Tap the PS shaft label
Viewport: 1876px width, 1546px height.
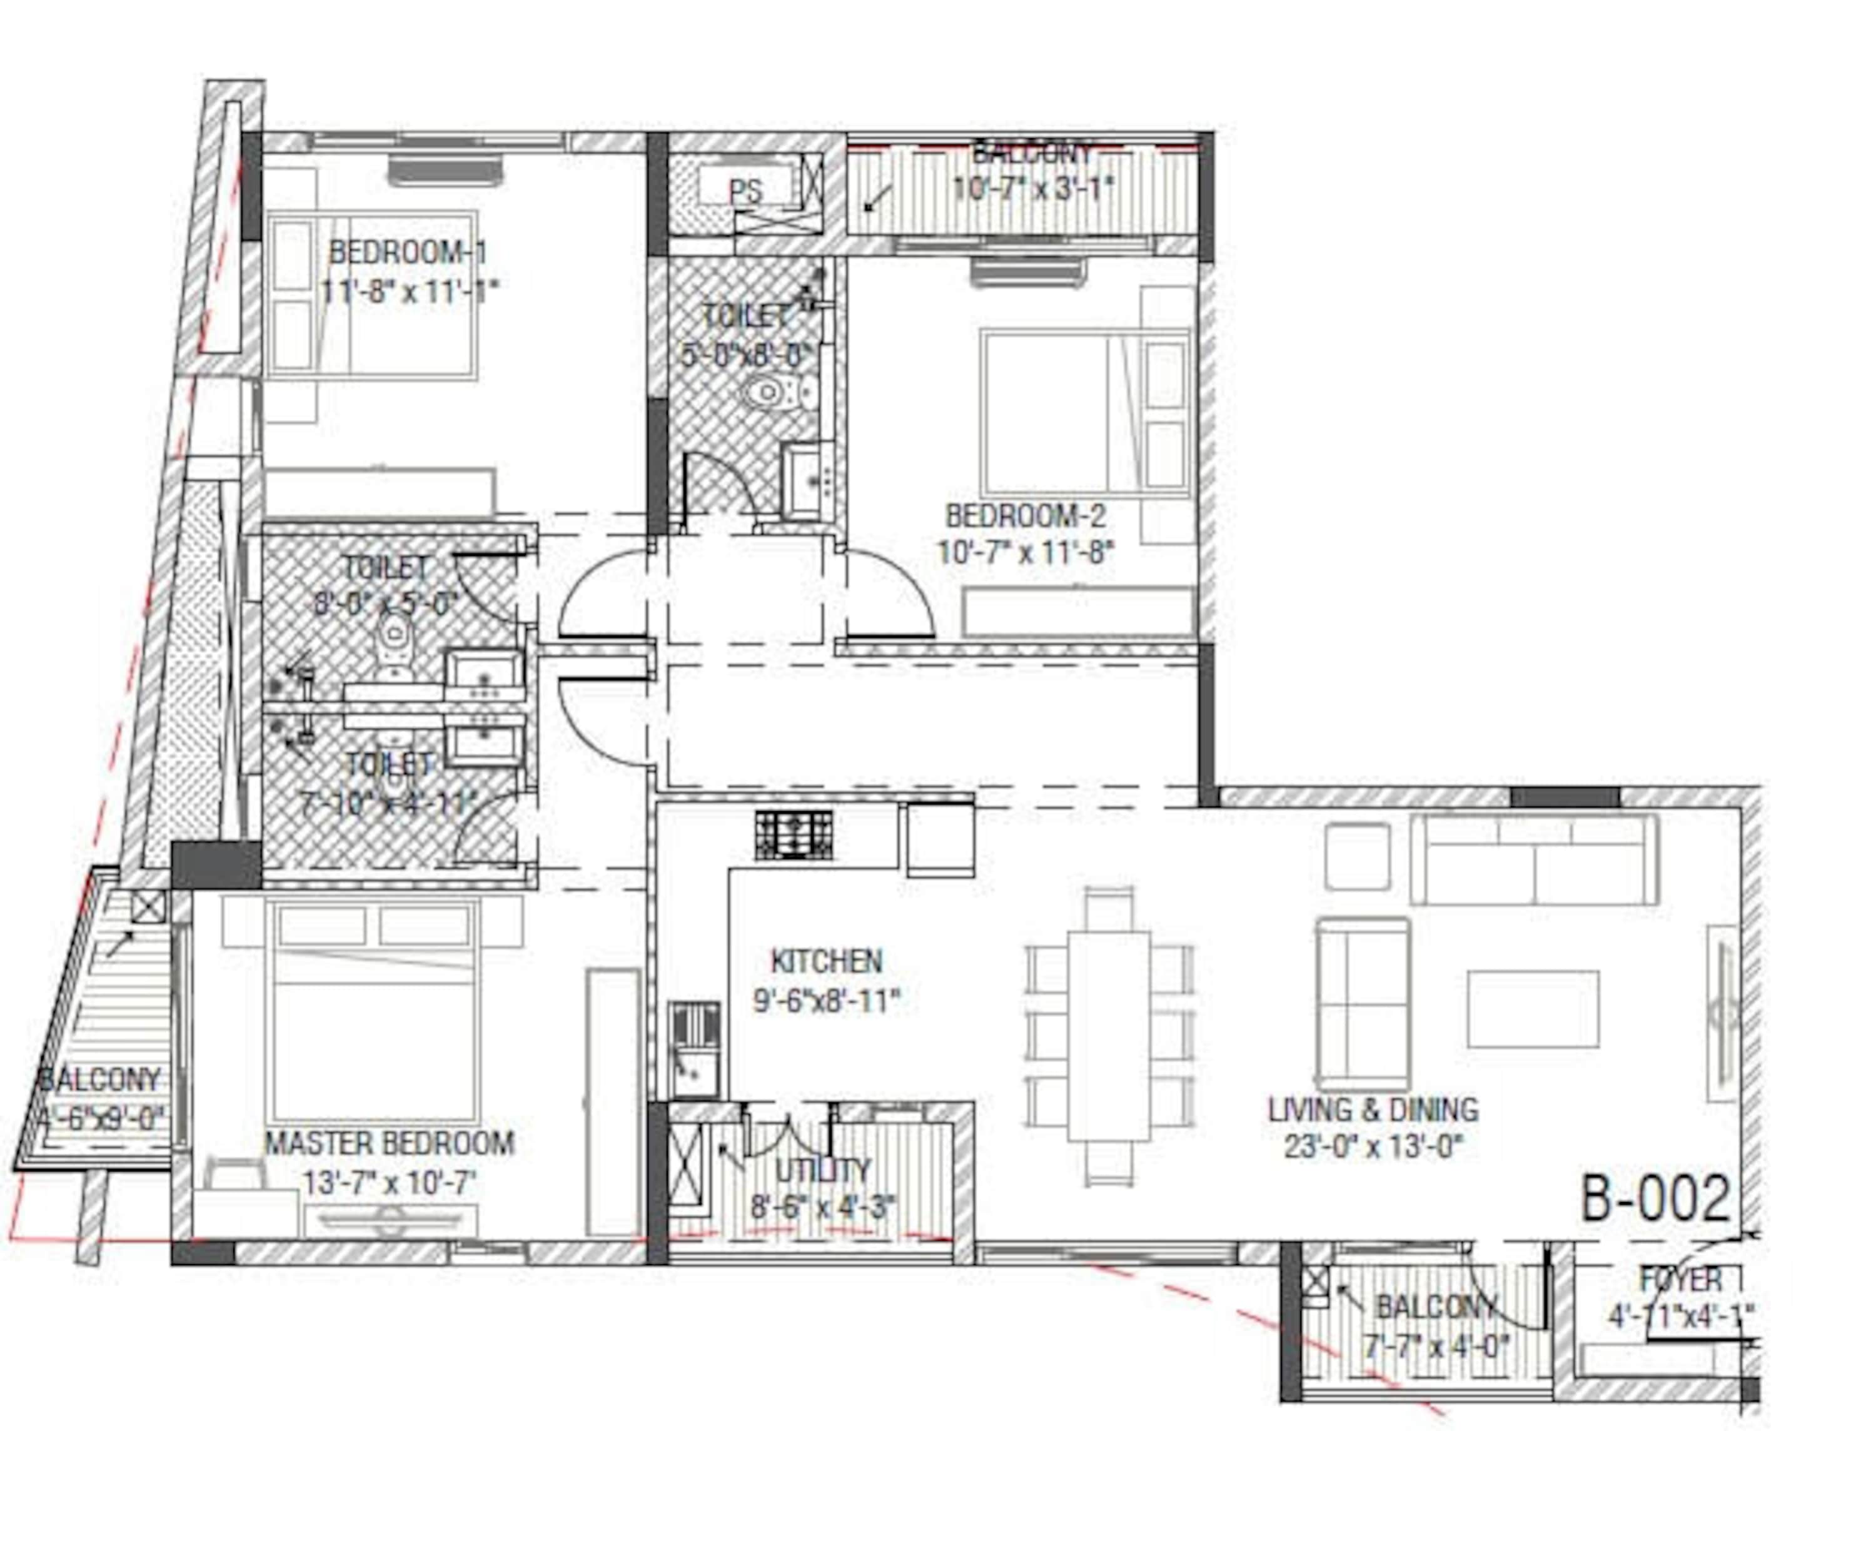pos(745,191)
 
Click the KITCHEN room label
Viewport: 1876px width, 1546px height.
pos(826,962)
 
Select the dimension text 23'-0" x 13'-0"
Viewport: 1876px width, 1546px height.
pos(1373,1147)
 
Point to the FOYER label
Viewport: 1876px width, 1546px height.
pos(1681,1280)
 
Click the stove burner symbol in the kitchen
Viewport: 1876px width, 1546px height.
pos(794,836)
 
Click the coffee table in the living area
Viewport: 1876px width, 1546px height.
pos(1532,1009)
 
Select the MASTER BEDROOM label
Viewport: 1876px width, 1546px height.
pos(389,1143)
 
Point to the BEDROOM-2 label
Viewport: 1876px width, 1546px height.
pos(1025,515)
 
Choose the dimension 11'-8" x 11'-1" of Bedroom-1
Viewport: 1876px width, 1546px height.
pos(409,291)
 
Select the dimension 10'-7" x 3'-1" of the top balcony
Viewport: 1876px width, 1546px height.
pos(1033,189)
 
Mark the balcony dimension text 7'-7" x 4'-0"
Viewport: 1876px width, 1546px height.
pos(1437,1346)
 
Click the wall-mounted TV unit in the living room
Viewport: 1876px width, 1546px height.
pos(1722,1013)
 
